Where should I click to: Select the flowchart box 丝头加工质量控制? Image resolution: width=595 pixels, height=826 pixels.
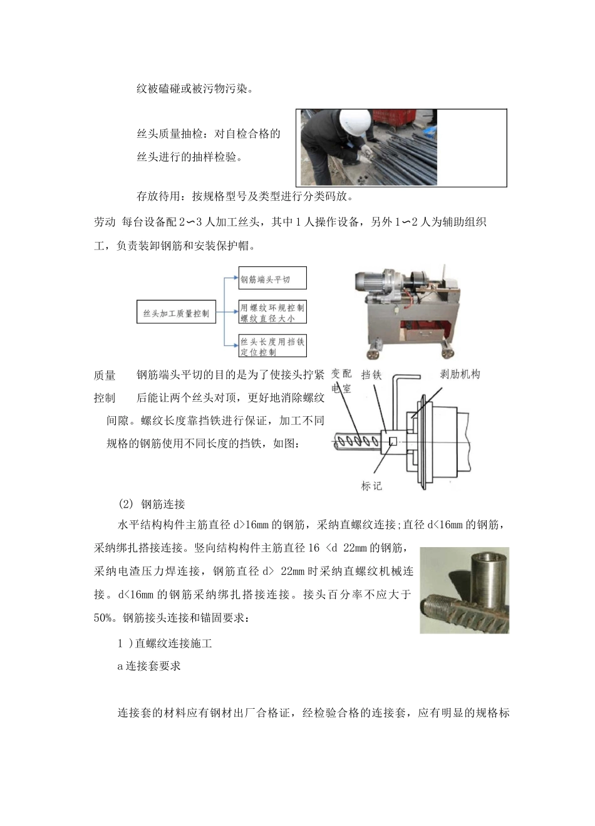176,313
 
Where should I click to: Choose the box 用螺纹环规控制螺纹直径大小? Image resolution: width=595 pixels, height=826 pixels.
272,313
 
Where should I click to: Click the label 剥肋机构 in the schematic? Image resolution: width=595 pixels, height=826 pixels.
460,374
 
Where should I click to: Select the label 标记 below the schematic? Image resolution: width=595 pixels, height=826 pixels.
371,486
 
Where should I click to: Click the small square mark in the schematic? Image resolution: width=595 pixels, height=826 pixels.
392,442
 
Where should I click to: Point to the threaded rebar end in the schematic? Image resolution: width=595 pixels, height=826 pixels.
357,442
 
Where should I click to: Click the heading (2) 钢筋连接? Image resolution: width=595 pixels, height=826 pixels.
152,504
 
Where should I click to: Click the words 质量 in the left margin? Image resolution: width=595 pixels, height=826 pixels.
105,375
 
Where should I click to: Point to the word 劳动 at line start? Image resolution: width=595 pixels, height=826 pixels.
105,222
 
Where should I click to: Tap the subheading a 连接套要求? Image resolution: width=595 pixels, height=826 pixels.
149,666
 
